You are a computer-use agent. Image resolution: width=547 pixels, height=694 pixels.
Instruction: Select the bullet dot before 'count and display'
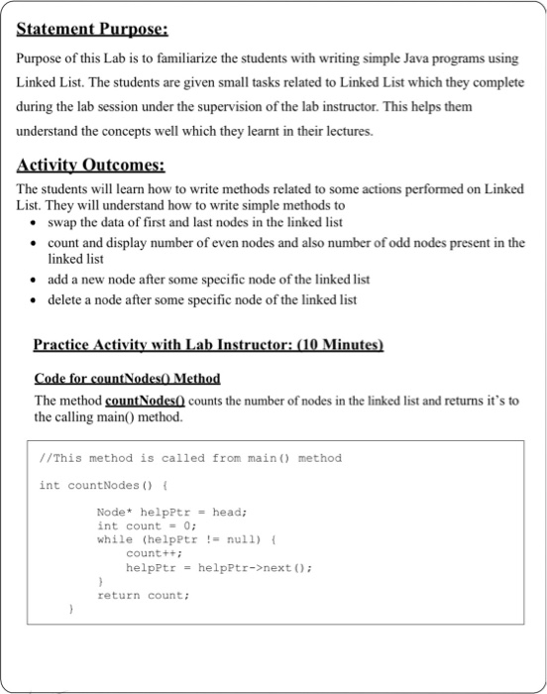click(36, 243)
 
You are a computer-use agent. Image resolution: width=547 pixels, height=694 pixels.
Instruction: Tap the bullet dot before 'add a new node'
click(36, 280)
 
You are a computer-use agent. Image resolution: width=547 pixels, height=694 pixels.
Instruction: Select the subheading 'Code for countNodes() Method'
click(127, 379)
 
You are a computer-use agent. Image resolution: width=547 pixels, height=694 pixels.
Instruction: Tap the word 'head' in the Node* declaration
click(227, 512)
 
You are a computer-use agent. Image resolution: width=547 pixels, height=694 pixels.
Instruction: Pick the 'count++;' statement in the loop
click(147, 553)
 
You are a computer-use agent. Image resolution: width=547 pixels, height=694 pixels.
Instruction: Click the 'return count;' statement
click(143, 595)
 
